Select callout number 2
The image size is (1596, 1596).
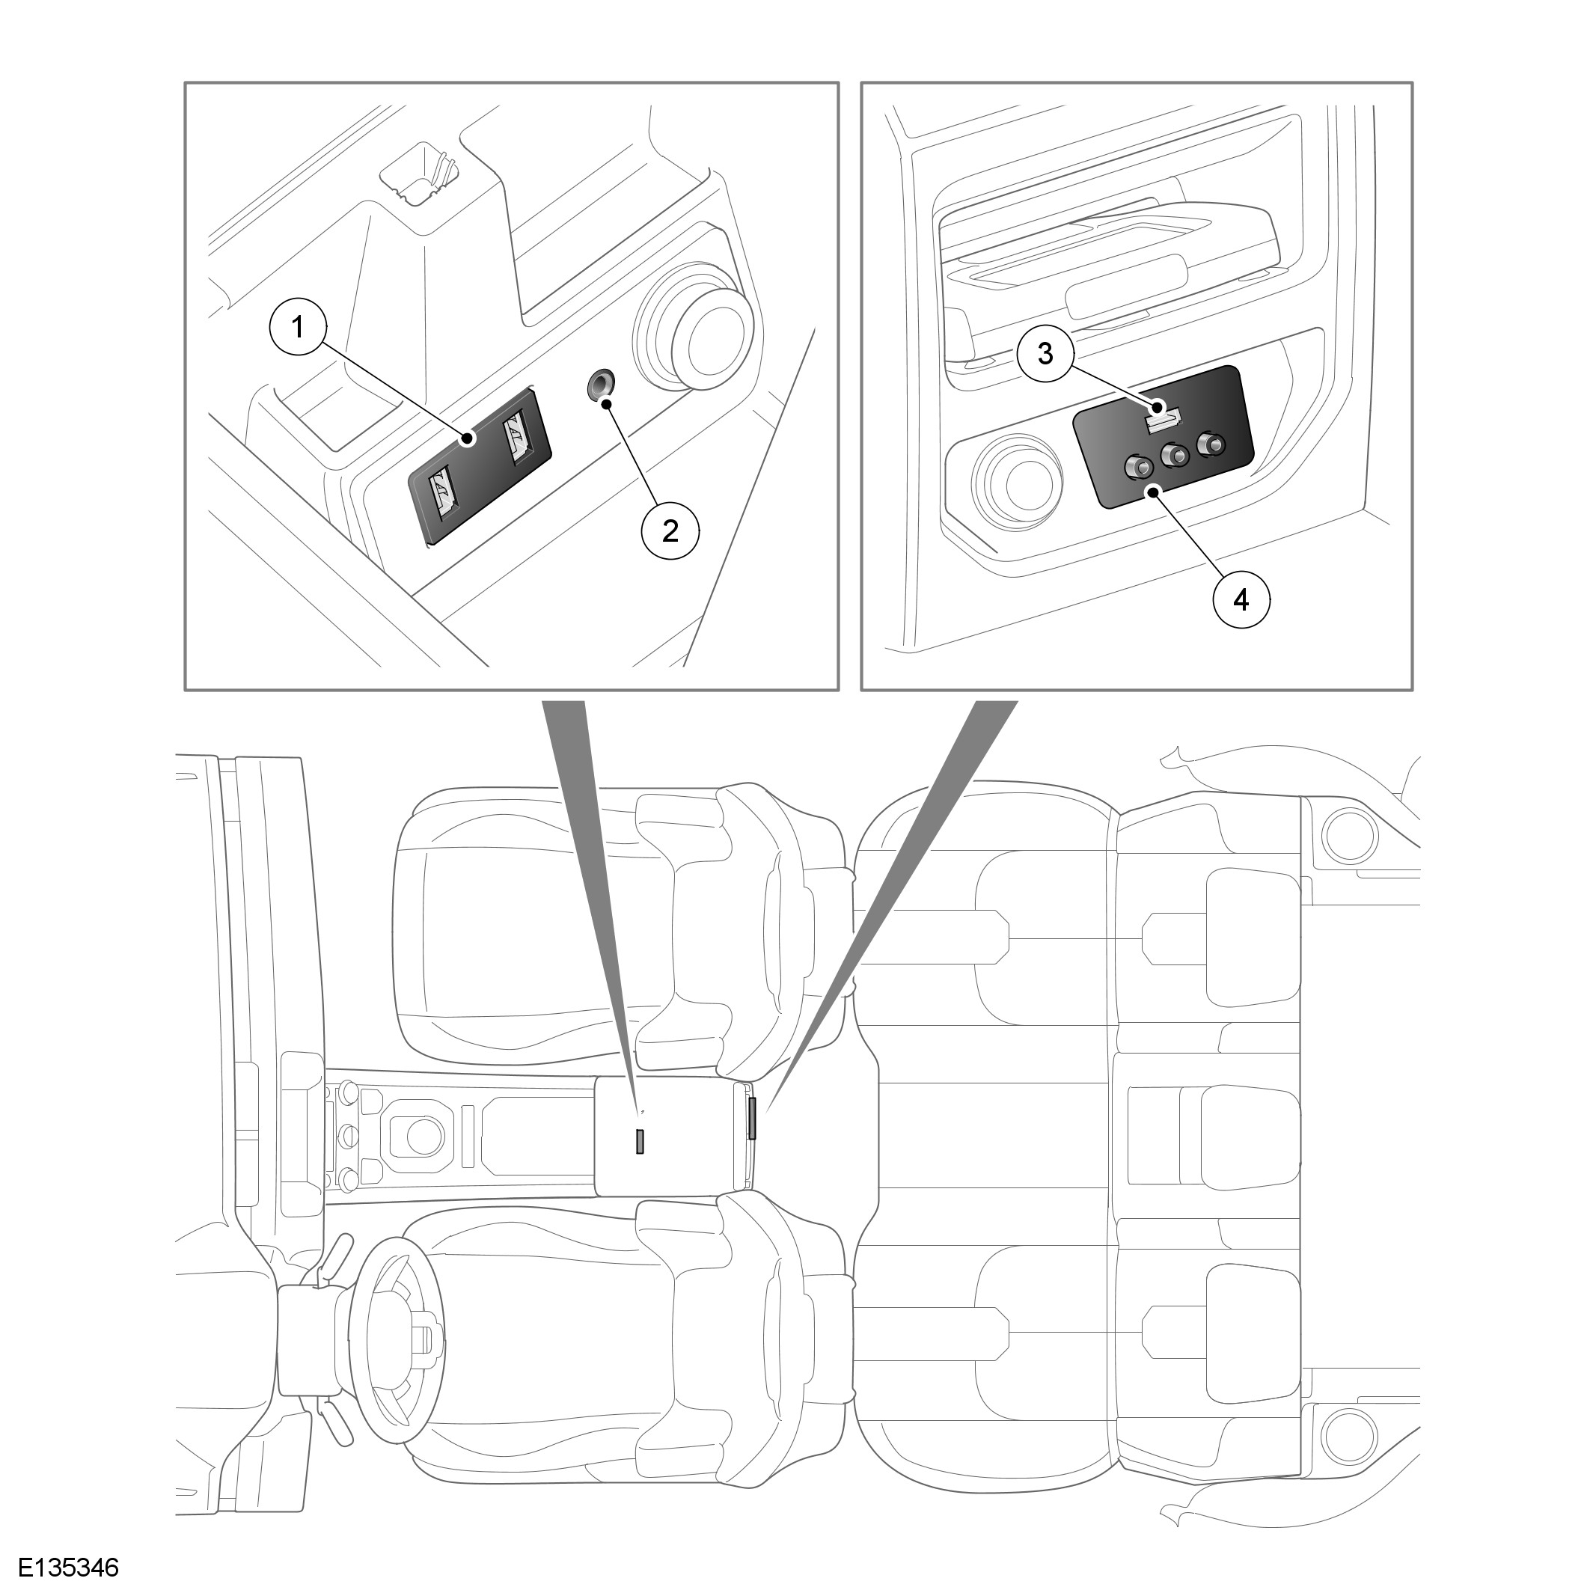pos(670,531)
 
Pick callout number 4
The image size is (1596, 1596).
pos(1241,600)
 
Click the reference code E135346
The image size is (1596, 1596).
pos(69,1567)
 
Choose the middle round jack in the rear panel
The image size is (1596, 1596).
pos(1174,454)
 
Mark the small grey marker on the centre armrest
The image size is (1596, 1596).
pos(640,1141)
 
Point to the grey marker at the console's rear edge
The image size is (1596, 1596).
pos(753,1119)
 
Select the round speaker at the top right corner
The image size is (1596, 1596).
pos(1351,837)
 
